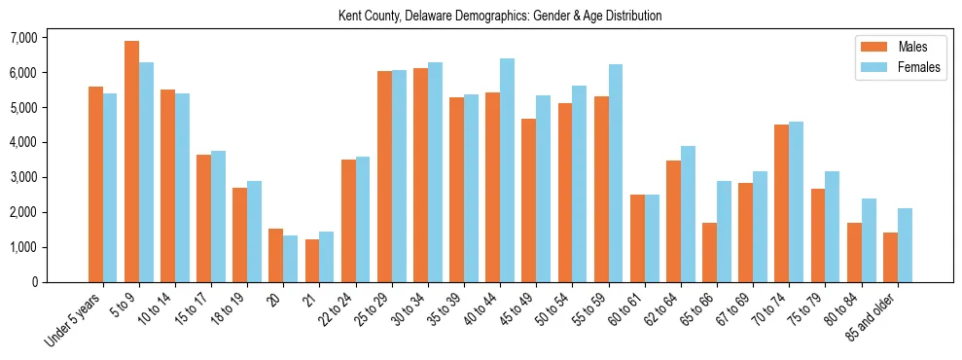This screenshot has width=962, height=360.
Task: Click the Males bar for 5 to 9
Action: pyautogui.click(x=131, y=162)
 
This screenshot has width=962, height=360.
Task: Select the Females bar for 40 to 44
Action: pyautogui.click(x=507, y=170)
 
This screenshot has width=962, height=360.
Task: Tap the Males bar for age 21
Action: pyautogui.click(x=312, y=261)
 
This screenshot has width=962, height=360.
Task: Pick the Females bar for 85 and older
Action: pyautogui.click(x=905, y=245)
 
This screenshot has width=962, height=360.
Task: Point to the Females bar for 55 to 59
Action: pyautogui.click(x=615, y=173)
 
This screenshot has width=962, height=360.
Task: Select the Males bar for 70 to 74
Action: pyautogui.click(x=781, y=203)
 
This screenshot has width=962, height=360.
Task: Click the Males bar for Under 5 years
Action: pyautogui.click(x=95, y=184)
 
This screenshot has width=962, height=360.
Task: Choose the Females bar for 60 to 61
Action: pyautogui.click(x=652, y=238)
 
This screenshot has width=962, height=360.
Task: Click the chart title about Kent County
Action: pyautogui.click(x=500, y=16)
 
